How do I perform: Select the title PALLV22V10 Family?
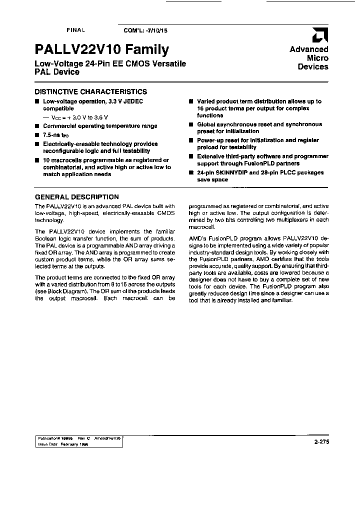coord(102,49)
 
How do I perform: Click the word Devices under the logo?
coord(313,66)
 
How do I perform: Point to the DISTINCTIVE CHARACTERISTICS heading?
coord(90,91)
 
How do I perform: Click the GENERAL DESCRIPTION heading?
coord(76,197)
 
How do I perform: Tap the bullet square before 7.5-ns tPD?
coord(36,135)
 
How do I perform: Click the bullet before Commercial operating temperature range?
coord(36,126)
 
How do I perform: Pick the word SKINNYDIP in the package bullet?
coord(230,172)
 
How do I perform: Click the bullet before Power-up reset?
coord(191,140)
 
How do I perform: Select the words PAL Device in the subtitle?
coord(56,72)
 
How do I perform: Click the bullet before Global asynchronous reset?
coord(191,124)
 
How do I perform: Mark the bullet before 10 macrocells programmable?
coord(36,160)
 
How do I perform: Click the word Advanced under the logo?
coord(309,49)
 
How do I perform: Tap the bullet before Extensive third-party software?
coord(191,156)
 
